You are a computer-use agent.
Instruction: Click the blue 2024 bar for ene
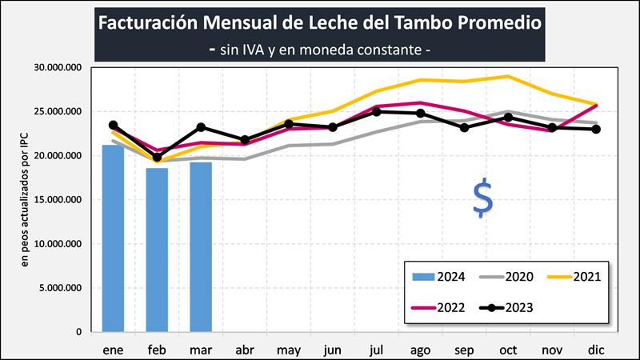[113, 238]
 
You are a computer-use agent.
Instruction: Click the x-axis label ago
[420, 349]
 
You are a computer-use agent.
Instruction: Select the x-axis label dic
[595, 349]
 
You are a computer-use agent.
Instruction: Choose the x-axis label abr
[245, 349]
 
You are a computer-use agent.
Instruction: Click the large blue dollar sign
[482, 198]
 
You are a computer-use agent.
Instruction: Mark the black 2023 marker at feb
[157, 158]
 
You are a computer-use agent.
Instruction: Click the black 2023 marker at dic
[595, 130]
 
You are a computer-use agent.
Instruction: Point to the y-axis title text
[25, 200]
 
